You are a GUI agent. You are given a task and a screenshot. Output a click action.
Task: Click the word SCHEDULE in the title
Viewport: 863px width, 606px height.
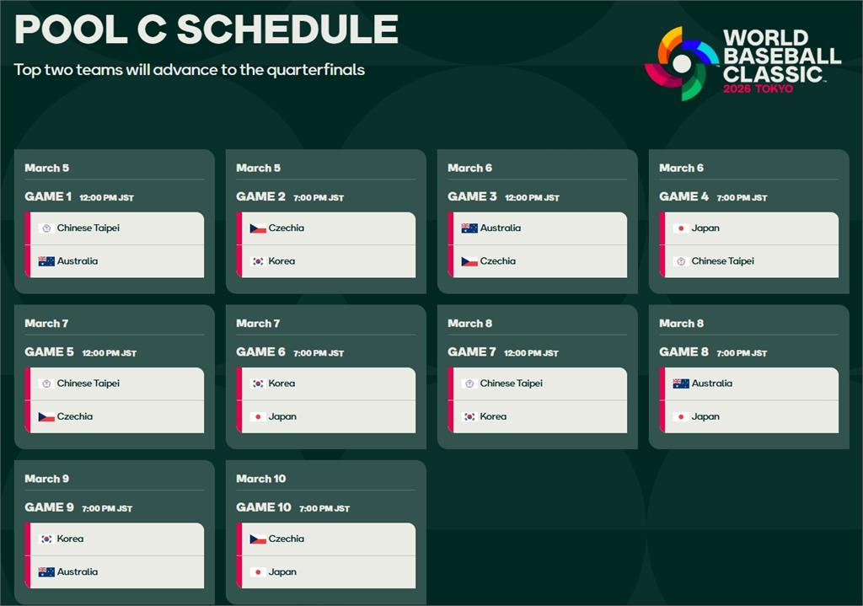(x=287, y=29)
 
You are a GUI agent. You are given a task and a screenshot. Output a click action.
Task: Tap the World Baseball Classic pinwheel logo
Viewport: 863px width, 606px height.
(x=682, y=63)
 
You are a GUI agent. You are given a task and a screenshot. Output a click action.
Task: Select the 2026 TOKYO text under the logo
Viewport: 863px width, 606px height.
(x=758, y=88)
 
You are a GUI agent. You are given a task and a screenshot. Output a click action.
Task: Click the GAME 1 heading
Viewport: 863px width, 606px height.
(x=48, y=196)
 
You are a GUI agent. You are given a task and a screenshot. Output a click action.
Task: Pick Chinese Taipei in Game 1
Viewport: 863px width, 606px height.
(x=88, y=228)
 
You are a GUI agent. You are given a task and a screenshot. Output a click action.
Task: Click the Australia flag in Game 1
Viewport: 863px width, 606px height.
(x=46, y=261)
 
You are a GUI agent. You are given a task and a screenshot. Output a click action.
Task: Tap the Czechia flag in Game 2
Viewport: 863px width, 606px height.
(x=258, y=228)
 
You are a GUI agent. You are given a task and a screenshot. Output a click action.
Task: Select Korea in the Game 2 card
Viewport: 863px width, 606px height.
(x=281, y=261)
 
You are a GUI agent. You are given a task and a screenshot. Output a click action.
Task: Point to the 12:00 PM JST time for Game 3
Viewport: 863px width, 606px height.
(x=532, y=197)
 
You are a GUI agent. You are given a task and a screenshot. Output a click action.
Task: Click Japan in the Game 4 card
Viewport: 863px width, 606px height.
(x=705, y=228)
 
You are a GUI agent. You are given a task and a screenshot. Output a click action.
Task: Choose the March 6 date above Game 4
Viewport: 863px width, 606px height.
(x=681, y=168)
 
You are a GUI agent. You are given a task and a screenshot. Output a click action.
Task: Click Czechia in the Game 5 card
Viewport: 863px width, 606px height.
(x=75, y=416)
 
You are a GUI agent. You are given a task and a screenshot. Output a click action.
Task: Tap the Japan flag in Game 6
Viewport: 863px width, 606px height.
(x=258, y=417)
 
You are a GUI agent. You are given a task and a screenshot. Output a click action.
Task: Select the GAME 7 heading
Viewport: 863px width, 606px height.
(x=472, y=351)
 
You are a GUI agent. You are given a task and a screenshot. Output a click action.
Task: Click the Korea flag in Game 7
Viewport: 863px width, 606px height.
(x=469, y=417)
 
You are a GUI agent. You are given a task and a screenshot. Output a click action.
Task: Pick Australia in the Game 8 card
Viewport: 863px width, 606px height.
(x=711, y=383)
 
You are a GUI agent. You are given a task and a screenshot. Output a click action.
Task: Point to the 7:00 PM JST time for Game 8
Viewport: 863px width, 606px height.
(x=742, y=353)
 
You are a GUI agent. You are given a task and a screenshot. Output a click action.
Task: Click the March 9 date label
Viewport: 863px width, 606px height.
(x=47, y=479)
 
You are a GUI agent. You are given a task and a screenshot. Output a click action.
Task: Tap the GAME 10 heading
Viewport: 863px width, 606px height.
(x=264, y=507)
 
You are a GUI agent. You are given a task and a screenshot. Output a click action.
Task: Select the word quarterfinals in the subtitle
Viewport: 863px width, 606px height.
(x=315, y=70)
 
